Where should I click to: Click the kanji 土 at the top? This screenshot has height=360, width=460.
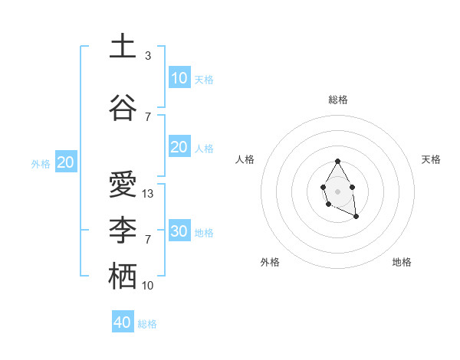(123, 47)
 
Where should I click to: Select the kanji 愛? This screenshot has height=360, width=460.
(123, 185)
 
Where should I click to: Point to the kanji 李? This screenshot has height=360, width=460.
(123, 231)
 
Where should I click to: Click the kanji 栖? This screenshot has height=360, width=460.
(123, 277)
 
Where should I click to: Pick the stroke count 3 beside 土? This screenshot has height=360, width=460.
(148, 56)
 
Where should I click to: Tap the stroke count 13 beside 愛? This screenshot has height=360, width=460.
(148, 194)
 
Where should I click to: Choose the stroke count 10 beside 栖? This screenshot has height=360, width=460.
(148, 286)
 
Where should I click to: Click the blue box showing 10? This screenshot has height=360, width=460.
(179, 78)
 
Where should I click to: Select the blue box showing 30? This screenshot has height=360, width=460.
(179, 231)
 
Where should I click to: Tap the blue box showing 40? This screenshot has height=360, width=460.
(123, 322)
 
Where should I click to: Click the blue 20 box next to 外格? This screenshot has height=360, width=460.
(66, 162)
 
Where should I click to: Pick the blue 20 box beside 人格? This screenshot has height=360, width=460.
(179, 147)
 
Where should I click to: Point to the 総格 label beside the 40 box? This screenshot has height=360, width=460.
(147, 324)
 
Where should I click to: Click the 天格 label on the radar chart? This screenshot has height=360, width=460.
(431, 159)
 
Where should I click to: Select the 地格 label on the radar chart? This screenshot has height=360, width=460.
(402, 263)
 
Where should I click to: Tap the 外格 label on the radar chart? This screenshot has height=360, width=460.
(270, 263)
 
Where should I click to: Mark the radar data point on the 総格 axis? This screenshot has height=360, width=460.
(337, 162)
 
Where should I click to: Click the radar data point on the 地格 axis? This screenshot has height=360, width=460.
(356, 217)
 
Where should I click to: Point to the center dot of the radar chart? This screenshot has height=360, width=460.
(337, 190)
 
